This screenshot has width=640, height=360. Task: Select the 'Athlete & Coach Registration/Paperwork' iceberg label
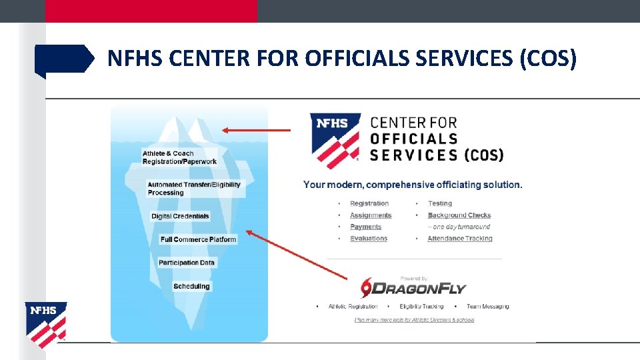179,157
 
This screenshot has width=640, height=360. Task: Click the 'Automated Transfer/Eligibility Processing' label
194,189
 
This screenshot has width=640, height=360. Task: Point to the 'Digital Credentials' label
180,216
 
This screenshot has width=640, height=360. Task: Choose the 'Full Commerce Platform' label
198,239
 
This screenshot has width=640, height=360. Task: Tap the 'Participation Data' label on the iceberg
187,263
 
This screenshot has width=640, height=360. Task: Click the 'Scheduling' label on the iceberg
191,287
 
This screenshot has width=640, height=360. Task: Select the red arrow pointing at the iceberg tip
256,131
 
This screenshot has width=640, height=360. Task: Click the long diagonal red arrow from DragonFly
297,254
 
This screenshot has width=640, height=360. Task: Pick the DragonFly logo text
419,289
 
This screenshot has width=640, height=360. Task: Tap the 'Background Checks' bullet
459,215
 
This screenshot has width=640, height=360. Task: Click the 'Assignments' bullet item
371,215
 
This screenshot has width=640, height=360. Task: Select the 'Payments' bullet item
366,227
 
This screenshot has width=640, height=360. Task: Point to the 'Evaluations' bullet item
369,239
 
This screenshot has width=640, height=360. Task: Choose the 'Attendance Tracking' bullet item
460,239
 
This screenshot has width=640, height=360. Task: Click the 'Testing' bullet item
440,203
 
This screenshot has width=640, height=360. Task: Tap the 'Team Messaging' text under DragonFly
487,307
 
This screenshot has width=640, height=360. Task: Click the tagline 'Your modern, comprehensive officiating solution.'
413,185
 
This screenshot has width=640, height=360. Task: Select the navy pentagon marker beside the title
64,59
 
